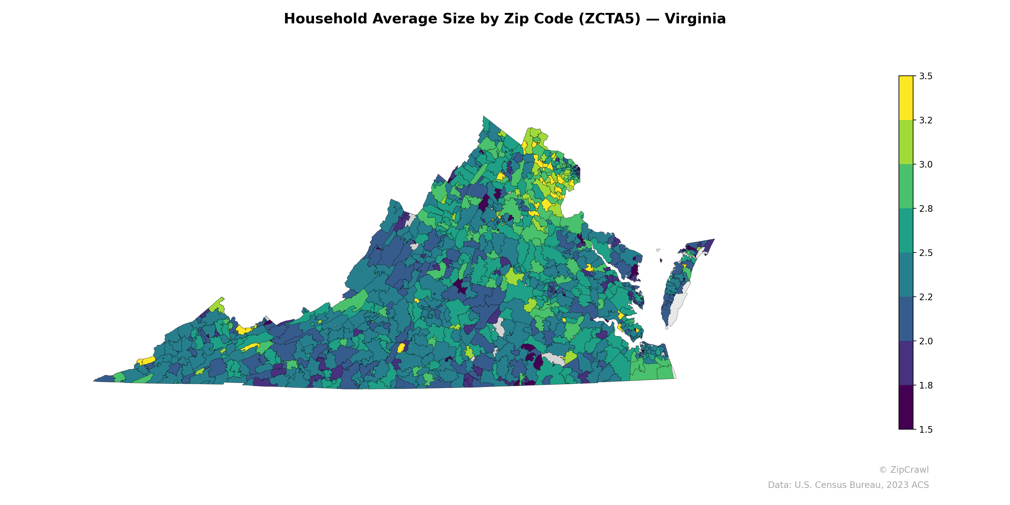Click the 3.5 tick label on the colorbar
pos(926,76)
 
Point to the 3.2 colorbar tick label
pos(926,120)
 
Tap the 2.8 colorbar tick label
pos(926,209)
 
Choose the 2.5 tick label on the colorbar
pos(926,253)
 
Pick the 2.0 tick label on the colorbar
pos(926,341)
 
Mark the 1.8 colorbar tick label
pos(926,385)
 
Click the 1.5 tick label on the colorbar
pos(926,430)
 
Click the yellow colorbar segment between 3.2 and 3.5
pos(906,98)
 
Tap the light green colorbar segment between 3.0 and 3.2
pos(906,142)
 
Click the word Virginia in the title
pos(695,19)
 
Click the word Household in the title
pos(325,19)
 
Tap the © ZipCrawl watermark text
pos(904,470)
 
